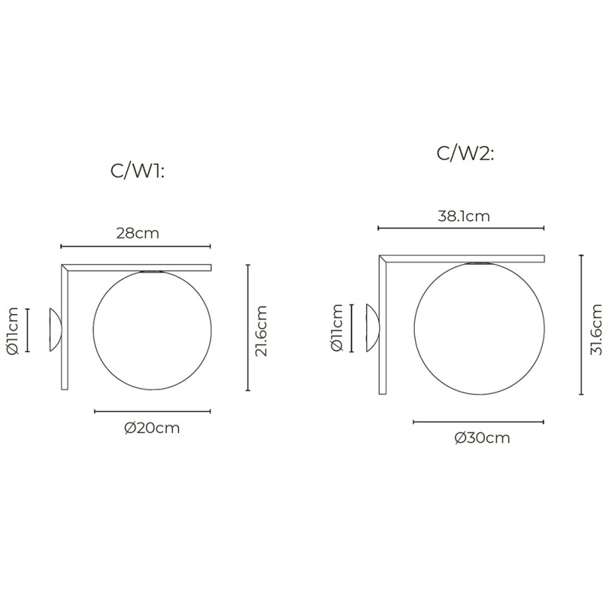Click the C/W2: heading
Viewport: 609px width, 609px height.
(x=465, y=153)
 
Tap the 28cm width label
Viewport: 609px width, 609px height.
(x=137, y=233)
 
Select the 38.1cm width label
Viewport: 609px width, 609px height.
(x=464, y=215)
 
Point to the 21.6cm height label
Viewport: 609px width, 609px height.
(x=262, y=330)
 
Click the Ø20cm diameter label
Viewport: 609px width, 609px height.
(x=152, y=428)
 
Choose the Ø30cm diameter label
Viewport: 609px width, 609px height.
(x=482, y=438)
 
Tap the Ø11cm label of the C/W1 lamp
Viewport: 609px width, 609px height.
(x=11, y=330)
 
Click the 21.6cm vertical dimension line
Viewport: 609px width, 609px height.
(x=248, y=327)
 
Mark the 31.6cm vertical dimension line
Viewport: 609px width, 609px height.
(x=581, y=325)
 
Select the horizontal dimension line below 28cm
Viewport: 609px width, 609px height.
(x=136, y=247)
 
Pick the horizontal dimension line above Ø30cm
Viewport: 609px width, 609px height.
(x=479, y=421)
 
